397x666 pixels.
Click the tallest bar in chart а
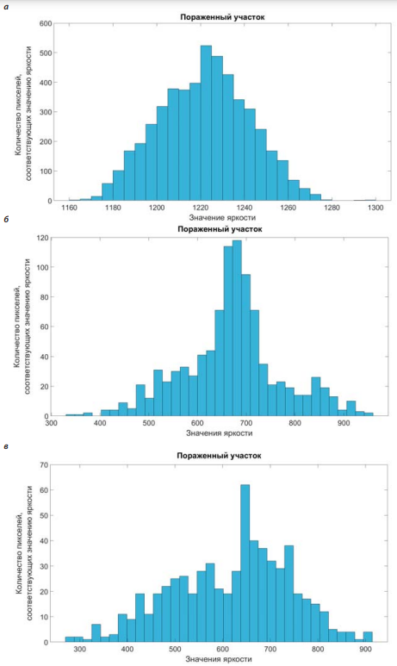[x=206, y=123]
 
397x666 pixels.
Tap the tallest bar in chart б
[x=237, y=328]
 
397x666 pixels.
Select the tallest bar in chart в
[x=245, y=563]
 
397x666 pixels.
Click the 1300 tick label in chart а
[x=375, y=208]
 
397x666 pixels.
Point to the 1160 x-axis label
[x=69, y=208]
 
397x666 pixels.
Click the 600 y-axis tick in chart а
[x=46, y=24]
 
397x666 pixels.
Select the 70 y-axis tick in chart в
[x=44, y=464]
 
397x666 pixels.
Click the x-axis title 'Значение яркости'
[x=222, y=217]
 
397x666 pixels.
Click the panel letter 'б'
[x=5, y=220]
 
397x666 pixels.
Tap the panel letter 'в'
[x=5, y=446]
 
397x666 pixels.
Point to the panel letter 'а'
[x=5, y=7]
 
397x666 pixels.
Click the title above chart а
[x=222, y=17]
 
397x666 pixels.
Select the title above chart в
[x=219, y=456]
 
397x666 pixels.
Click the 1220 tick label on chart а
[x=201, y=208]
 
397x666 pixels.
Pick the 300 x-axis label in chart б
[x=52, y=423]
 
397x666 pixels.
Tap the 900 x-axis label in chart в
[x=365, y=650]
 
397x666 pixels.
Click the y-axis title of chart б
[x=22, y=327]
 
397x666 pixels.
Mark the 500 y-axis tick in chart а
[x=46, y=53]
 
